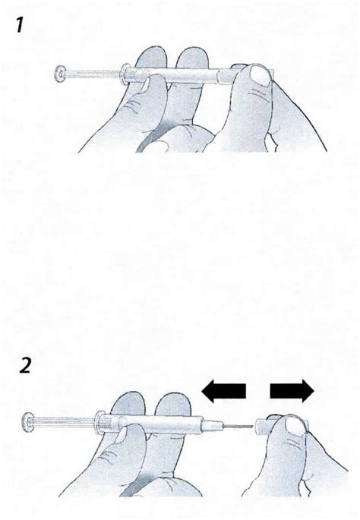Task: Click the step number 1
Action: click(x=19, y=25)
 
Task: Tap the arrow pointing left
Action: click(x=223, y=391)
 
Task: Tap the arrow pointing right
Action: click(x=292, y=391)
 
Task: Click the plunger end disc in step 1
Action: click(x=58, y=74)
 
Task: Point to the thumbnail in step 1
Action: click(x=259, y=75)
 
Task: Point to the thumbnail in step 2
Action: click(x=296, y=426)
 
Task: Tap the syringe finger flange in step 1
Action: click(x=125, y=74)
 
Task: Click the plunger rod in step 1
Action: click(x=93, y=74)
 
